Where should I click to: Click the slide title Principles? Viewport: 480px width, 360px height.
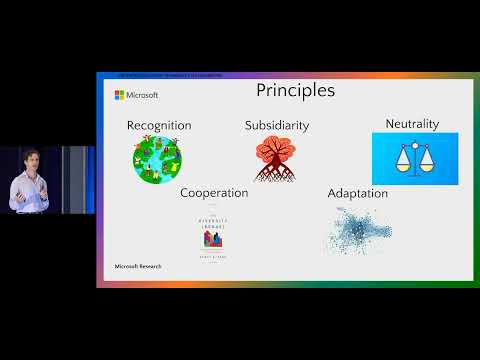294,91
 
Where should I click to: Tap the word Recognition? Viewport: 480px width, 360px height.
159,125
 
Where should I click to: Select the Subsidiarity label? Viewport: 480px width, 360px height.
277,125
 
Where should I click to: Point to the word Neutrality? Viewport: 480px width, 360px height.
413,124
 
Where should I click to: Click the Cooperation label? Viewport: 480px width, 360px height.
214,192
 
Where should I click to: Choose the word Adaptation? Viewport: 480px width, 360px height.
358,192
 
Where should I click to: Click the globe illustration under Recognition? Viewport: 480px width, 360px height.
160,159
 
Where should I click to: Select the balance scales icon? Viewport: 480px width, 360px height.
414,158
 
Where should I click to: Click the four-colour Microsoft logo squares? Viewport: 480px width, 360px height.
120,95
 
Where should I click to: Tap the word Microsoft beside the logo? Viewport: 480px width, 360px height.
141,95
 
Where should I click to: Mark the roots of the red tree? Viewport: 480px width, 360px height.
277,172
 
